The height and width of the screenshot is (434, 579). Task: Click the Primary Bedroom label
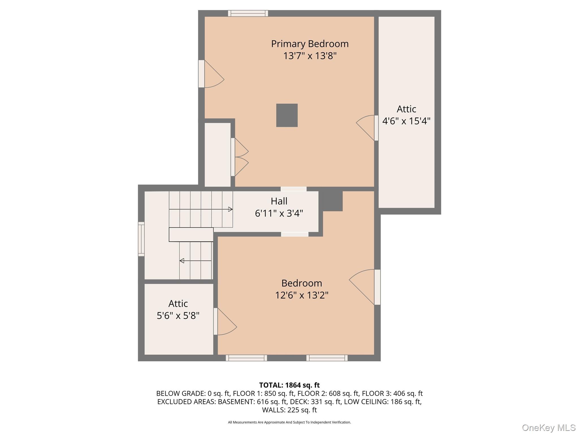coord(310,44)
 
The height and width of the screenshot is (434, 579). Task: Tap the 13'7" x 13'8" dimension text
coord(310,56)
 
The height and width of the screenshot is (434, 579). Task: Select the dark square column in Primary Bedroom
coord(287,115)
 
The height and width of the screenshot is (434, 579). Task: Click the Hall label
coord(279,201)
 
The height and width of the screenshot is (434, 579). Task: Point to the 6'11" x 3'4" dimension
coord(279,213)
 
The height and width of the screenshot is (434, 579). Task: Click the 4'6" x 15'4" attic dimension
coord(406,121)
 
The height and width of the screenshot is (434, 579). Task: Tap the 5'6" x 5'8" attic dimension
coord(178,315)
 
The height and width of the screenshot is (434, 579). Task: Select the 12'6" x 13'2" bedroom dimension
coord(302,295)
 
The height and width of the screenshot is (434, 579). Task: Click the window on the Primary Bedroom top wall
coord(248,13)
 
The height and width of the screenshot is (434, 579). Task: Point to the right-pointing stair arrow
coord(230,209)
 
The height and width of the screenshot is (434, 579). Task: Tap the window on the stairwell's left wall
coord(141,239)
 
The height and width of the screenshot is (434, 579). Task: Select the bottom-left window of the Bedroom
coord(246,358)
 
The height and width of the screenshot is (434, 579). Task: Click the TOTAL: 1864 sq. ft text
coord(289,385)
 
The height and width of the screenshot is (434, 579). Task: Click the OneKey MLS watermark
coord(549,428)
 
